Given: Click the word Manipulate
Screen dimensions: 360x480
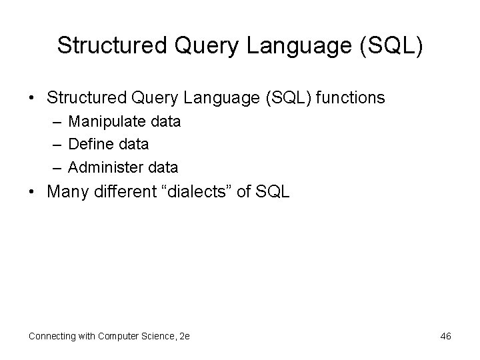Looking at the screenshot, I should (106, 122).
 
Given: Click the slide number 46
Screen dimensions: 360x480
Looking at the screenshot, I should (445, 336).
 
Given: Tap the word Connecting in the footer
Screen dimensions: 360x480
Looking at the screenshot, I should (51, 336).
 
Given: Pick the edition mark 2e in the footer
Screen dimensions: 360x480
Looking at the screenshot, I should (185, 336).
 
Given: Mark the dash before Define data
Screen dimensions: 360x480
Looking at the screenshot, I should (55, 144).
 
